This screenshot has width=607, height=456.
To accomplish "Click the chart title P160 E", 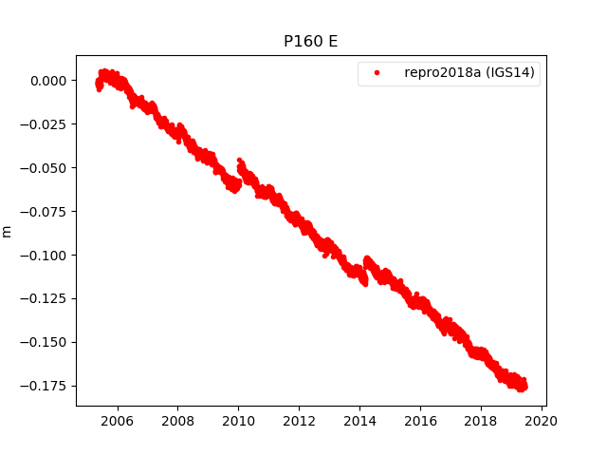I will (x=311, y=42).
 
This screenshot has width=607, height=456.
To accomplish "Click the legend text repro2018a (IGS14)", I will (x=471, y=72).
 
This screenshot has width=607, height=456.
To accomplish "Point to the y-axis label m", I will (x=8, y=231).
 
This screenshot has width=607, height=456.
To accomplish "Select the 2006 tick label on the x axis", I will (x=118, y=421).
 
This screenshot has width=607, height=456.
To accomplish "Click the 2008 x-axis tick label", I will (x=178, y=421).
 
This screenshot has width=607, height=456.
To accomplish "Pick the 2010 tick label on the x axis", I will (x=239, y=421).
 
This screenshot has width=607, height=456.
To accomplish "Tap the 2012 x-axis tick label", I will (x=300, y=421).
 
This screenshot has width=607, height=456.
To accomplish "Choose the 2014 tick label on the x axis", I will (x=360, y=421).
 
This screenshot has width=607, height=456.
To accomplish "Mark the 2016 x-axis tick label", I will (x=421, y=421).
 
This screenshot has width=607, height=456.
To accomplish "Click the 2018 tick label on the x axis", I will (x=482, y=421).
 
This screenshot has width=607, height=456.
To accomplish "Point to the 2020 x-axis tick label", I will (x=543, y=421).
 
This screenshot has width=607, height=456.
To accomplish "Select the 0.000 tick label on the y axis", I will (x=49, y=81).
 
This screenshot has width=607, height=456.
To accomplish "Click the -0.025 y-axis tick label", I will (x=46, y=124).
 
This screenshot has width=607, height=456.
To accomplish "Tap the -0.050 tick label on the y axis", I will (x=46, y=168).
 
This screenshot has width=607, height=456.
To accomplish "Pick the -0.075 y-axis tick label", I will (x=46, y=212).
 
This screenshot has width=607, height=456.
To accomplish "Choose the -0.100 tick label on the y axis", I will (x=46, y=255).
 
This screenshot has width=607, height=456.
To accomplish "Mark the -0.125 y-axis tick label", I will (x=46, y=298).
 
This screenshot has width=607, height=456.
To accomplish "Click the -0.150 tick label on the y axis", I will (x=46, y=342).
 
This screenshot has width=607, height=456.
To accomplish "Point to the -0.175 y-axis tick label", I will (x=46, y=386).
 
